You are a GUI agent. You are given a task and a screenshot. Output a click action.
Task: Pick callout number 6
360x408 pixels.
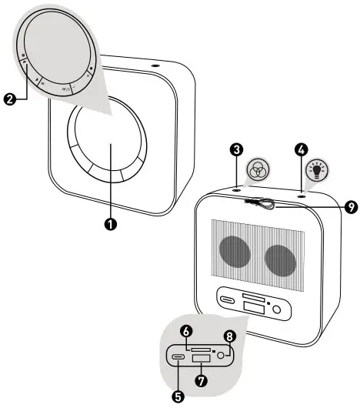pos(185,330)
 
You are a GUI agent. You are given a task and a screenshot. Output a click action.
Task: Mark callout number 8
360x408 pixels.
pos(228,336)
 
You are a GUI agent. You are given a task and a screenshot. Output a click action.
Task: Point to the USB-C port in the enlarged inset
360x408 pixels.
pos(178,356)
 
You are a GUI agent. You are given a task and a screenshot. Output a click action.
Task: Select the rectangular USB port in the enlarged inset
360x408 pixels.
pos(203,360)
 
